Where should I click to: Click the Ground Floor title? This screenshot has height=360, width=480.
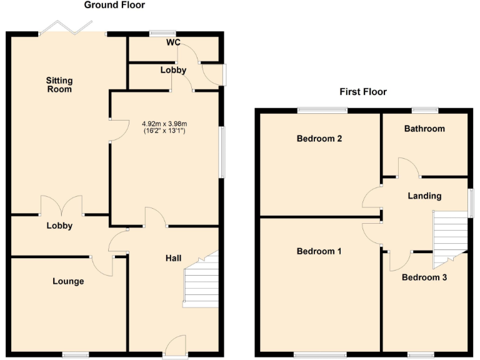[114, 6]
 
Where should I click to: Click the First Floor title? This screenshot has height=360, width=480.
[363, 92]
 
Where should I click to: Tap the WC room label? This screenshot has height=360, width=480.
[173, 42]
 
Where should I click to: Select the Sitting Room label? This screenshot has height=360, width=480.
[59, 85]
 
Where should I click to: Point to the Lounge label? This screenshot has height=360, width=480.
[67, 281]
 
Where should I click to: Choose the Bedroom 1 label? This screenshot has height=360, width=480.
[319, 251]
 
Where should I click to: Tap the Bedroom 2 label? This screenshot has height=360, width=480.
[319, 139]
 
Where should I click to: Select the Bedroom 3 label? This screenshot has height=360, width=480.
[424, 277]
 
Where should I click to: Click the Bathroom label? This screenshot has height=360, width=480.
[424, 129]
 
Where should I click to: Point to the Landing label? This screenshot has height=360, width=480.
[424, 196]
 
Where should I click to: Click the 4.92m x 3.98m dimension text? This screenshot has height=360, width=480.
[164, 123]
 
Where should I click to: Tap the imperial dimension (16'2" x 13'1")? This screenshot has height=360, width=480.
[164, 131]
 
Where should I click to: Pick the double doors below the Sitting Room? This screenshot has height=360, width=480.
[61, 206]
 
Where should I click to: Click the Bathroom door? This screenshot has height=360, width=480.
[408, 167]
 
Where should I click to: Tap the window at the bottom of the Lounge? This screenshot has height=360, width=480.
[75, 355]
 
